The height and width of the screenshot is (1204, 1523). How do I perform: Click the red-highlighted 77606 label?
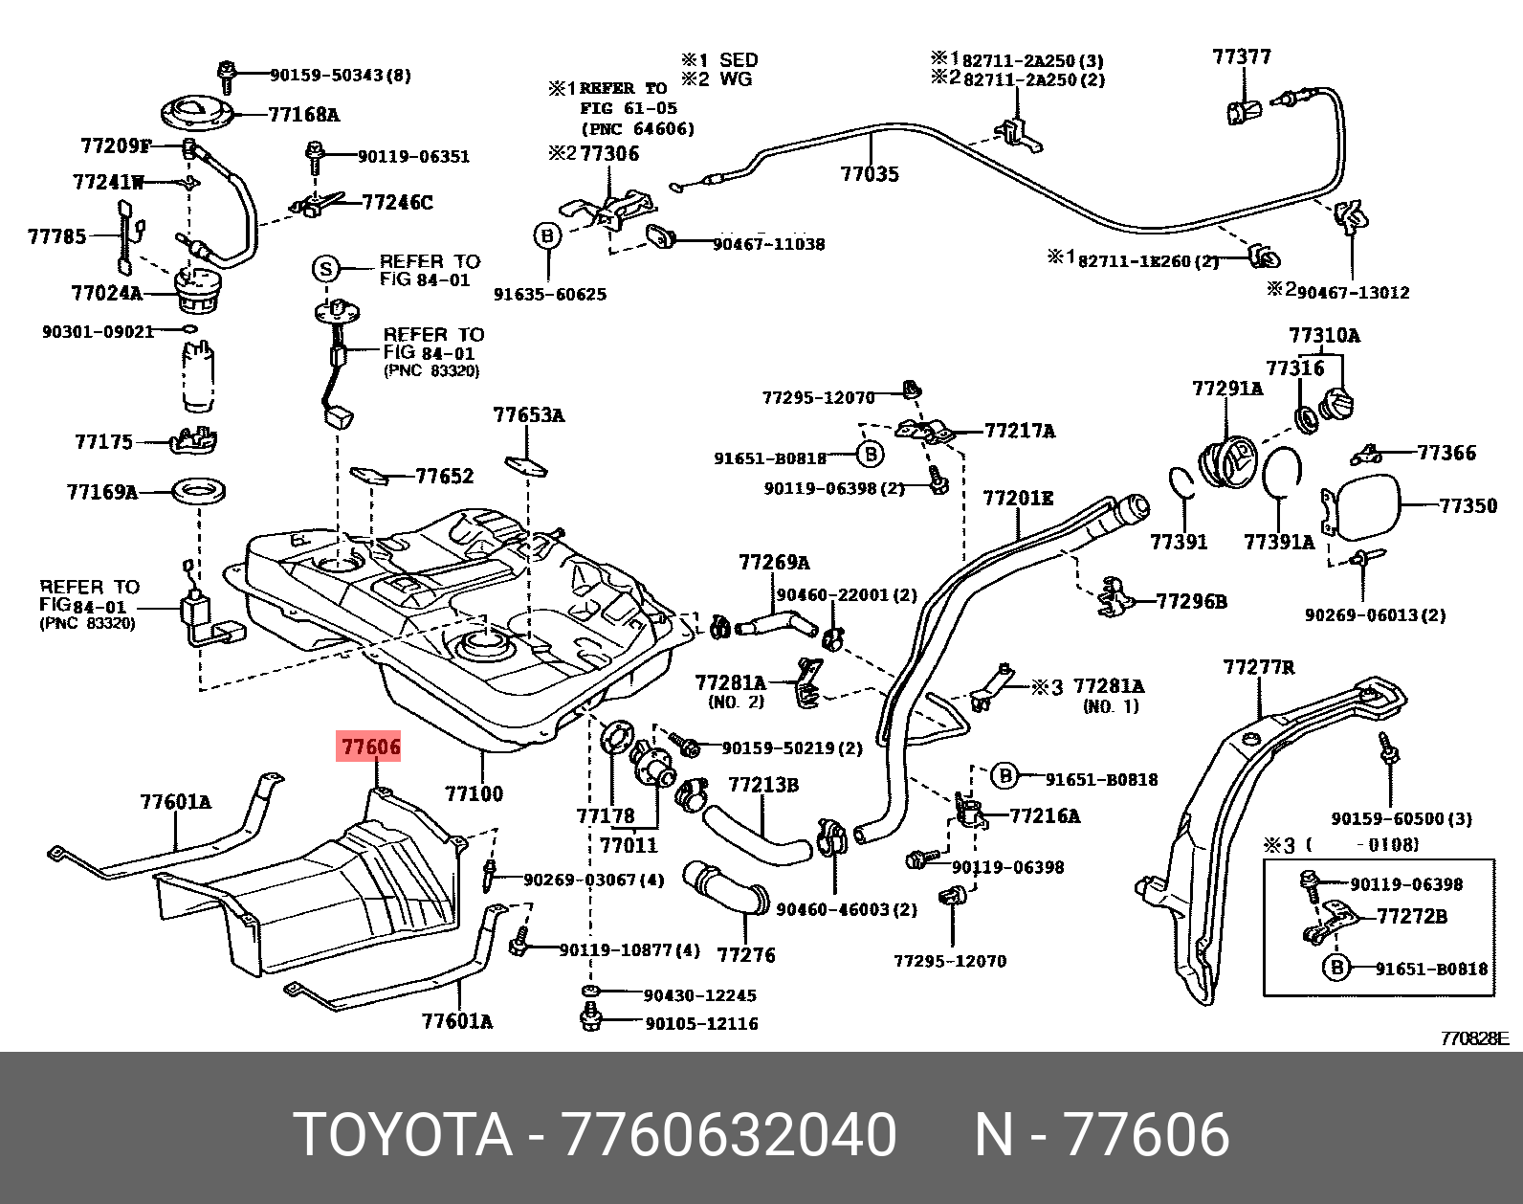coord(370,747)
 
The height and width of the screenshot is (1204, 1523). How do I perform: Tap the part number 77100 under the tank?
coord(474,793)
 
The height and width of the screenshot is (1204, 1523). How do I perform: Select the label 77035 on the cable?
coord(870,174)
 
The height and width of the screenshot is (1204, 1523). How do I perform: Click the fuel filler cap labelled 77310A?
coord(1337,404)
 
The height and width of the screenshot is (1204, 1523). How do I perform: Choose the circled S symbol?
coord(326,269)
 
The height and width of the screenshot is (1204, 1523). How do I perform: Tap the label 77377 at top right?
coord(1242,57)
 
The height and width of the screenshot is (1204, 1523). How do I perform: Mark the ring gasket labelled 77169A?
coord(199,492)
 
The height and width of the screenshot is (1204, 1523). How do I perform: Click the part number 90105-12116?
coord(701,1023)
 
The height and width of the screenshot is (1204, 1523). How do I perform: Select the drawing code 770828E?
coord(1474,1038)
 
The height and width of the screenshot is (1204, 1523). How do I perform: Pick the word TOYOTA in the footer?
coord(403,1135)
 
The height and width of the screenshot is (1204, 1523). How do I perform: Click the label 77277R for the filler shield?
coord(1259,667)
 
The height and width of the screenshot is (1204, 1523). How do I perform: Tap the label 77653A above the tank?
coord(529,415)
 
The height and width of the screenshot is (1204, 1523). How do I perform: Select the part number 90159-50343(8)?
coord(340,75)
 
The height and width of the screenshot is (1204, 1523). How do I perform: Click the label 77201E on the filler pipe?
coord(1018,499)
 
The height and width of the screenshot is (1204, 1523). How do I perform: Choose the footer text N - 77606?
coord(1101,1135)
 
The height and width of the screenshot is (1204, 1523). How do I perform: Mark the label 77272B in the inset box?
coord(1411,916)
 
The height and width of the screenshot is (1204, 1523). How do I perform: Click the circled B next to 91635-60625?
coord(546,235)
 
